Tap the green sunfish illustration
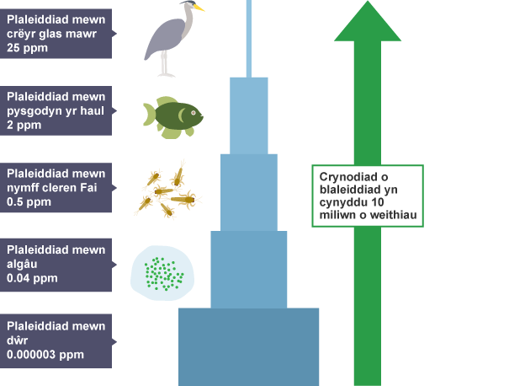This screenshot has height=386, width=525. point(173,115)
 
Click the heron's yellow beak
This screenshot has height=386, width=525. point(199,8)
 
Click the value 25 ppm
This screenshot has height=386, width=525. point(26,48)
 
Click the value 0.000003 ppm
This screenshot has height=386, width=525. point(45,355)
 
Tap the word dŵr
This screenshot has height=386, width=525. point(17,340)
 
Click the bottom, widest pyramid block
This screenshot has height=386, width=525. point(248,346)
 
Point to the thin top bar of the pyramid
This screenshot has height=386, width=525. point(248,38)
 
